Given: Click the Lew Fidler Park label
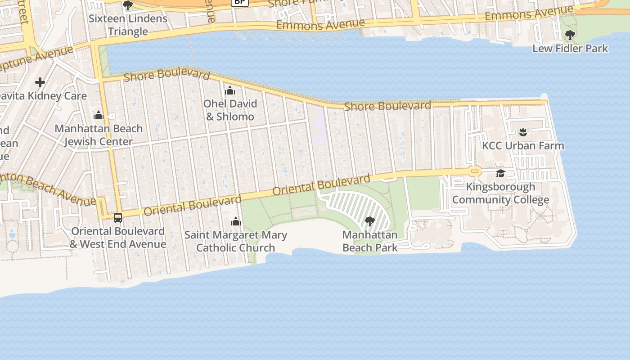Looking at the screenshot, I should (570, 49).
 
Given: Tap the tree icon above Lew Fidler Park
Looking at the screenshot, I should (570, 35).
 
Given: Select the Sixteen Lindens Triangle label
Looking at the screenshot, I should (128, 25).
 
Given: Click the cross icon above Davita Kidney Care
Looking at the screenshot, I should (40, 82).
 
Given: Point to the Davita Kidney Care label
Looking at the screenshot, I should (43, 96).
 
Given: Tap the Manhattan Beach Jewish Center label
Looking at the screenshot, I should (99, 135).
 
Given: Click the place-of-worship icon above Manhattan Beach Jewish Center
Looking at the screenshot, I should (99, 115).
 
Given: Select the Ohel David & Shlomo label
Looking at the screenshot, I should (230, 110).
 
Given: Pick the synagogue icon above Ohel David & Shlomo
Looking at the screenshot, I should (230, 91).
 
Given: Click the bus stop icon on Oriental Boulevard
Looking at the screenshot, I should (118, 218).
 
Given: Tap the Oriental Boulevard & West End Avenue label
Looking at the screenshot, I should (118, 238).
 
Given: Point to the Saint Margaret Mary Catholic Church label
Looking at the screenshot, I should (236, 241).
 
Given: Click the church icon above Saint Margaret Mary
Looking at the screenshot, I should (235, 221).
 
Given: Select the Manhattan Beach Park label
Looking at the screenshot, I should (370, 241).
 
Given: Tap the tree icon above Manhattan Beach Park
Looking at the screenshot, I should (370, 221).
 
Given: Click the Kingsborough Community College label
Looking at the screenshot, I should (500, 193).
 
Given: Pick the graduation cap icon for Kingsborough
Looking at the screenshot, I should (500, 174).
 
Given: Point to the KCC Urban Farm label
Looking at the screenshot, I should (523, 146).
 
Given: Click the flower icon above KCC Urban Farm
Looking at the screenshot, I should (523, 132).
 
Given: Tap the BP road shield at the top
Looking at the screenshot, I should (240, 2).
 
